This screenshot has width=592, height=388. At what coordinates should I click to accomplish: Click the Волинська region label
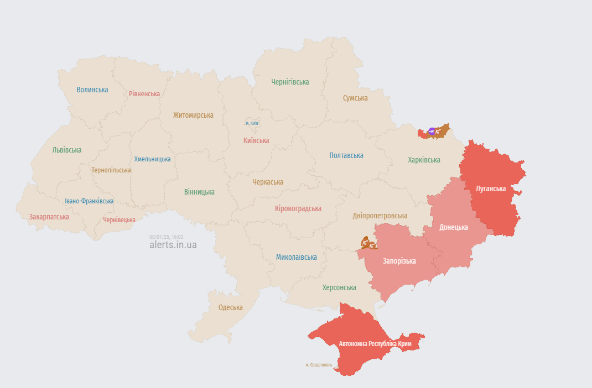(x=92, y=90)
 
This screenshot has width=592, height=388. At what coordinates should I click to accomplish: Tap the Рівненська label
(x=144, y=94)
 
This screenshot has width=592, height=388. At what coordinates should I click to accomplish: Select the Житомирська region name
(x=193, y=115)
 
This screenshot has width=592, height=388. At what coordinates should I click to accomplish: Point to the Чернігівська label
(x=290, y=82)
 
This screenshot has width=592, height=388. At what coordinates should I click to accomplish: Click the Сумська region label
(x=355, y=98)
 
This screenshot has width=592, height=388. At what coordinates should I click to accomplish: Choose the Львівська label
(x=67, y=150)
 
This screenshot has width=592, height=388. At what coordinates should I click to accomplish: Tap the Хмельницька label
(x=152, y=159)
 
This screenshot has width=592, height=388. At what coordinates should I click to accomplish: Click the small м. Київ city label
(x=252, y=123)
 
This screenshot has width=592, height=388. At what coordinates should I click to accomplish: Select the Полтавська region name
(x=346, y=155)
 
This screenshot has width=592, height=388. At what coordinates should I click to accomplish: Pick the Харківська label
(x=424, y=160)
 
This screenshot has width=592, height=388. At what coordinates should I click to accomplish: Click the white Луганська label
(x=491, y=188)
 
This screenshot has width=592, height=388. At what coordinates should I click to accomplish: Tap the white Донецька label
(x=454, y=227)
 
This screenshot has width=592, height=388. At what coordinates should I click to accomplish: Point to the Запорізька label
(x=399, y=261)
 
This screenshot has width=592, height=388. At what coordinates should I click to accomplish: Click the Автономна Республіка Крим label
(x=379, y=344)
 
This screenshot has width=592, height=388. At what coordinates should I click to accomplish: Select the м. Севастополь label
(x=319, y=365)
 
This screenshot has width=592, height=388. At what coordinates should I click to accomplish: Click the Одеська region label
(x=230, y=307)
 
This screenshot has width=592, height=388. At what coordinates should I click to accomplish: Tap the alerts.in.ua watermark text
(x=173, y=245)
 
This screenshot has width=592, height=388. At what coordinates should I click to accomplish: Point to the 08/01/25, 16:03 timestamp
(x=166, y=237)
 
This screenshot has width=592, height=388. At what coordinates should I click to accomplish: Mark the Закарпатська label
(x=49, y=217)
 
